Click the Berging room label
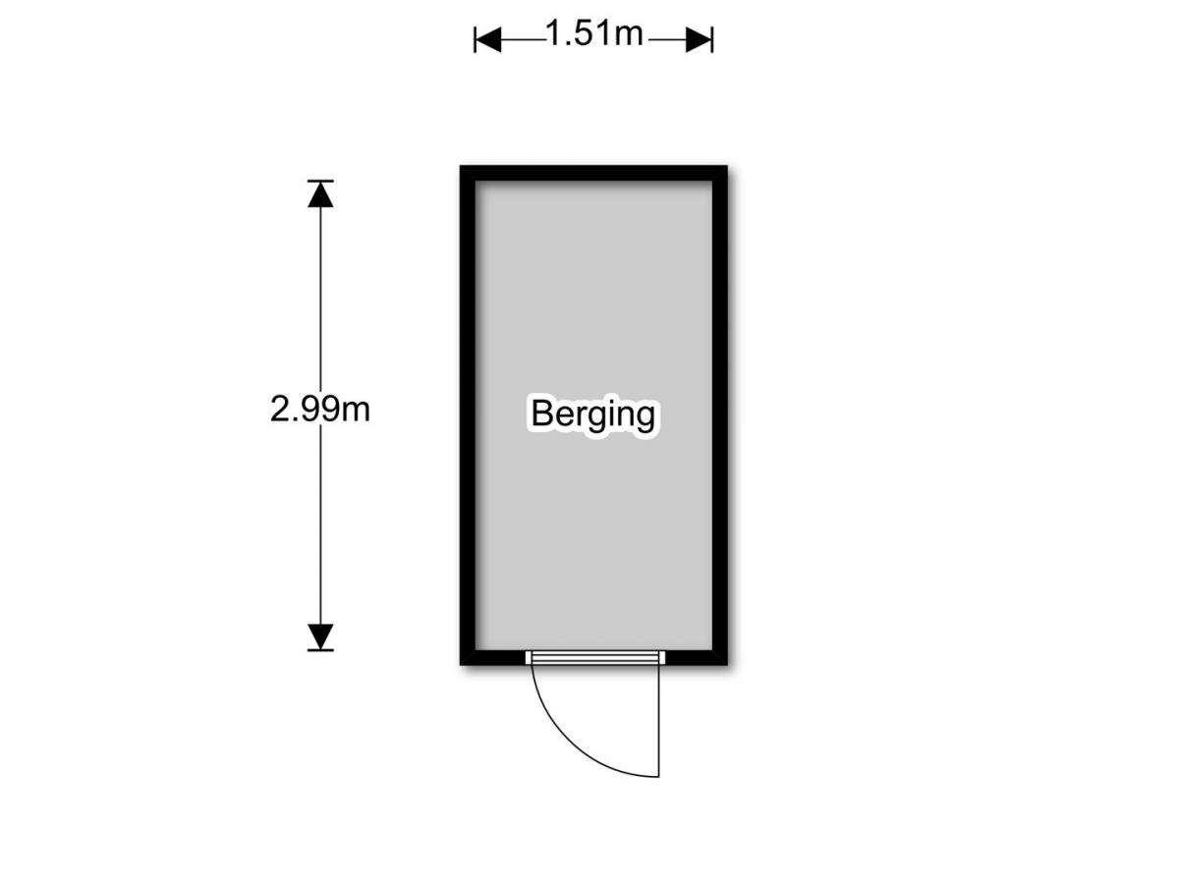coord(592,414)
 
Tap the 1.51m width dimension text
coord(593,35)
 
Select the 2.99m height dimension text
coord(319,409)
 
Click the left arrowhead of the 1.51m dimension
coord(488,39)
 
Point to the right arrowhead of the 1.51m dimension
coord(699,39)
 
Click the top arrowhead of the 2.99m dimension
coord(319,193)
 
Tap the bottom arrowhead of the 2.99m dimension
coord(319,636)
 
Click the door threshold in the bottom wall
coord(594,657)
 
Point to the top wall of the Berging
coord(593,173)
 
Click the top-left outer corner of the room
coord(463,168)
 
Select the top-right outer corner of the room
coord(725,168)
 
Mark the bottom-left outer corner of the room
coord(463,663)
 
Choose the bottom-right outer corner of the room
coord(725,663)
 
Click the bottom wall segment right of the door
coord(696,657)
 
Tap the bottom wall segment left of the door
coord(494,657)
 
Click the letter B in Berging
coord(539,414)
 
